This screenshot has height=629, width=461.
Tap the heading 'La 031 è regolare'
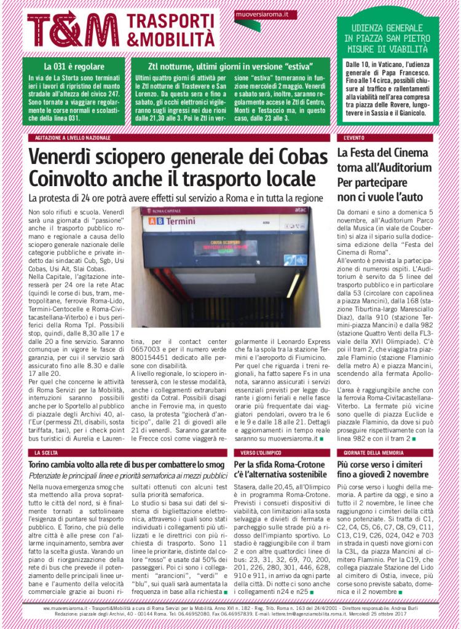pos(74,66)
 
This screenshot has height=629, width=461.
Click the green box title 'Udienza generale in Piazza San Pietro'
pos(387,38)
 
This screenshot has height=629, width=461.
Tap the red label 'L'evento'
pos(355,138)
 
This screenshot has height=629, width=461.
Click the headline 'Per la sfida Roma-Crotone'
pos(280,469)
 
